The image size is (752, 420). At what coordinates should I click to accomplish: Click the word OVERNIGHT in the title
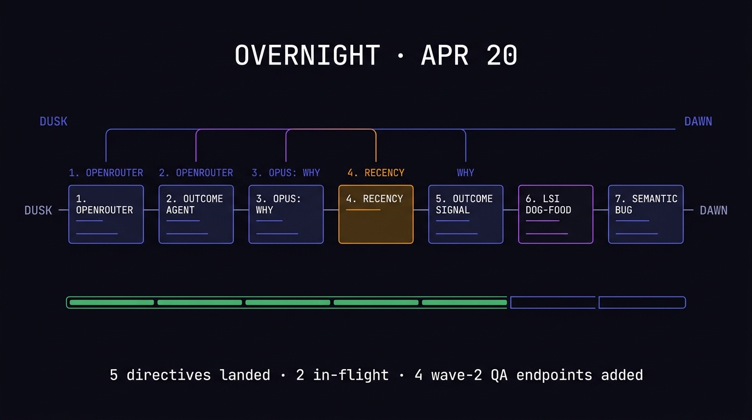point(307,56)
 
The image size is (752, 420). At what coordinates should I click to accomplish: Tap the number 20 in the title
point(501,56)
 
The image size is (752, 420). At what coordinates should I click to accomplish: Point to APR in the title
point(444,56)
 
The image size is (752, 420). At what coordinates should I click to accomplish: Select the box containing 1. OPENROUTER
point(106,214)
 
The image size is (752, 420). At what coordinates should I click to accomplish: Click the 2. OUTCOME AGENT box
point(196,214)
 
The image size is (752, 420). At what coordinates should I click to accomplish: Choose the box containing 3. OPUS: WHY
point(286,214)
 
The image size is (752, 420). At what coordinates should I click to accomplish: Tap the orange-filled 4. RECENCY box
point(376,214)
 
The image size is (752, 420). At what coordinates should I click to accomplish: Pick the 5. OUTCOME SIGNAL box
point(466,214)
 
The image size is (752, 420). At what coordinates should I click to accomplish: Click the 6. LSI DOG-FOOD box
point(555,214)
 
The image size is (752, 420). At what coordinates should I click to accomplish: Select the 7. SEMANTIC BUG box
point(645,214)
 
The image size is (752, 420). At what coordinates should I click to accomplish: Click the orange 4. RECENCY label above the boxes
point(376,173)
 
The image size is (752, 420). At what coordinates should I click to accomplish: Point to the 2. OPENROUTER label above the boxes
point(196,173)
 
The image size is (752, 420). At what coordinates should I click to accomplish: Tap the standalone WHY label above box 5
point(466,173)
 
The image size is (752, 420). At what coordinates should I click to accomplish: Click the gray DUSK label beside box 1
point(38,211)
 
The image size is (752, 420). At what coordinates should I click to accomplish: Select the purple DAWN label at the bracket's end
point(698,121)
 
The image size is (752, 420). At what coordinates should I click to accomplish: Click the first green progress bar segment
point(111,302)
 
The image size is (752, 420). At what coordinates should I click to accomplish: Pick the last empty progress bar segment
point(642,302)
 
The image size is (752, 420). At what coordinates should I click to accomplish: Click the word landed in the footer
point(245,375)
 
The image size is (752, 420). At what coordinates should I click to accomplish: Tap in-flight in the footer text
point(350,375)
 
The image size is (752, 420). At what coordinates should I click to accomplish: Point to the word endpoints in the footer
point(554,375)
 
